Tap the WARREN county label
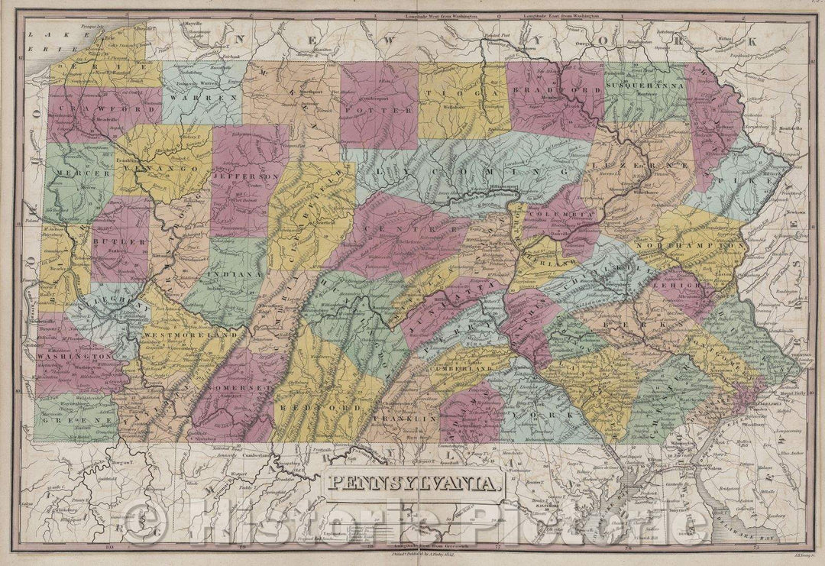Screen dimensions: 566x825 point(194,99)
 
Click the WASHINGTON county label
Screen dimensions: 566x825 point(74,357)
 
